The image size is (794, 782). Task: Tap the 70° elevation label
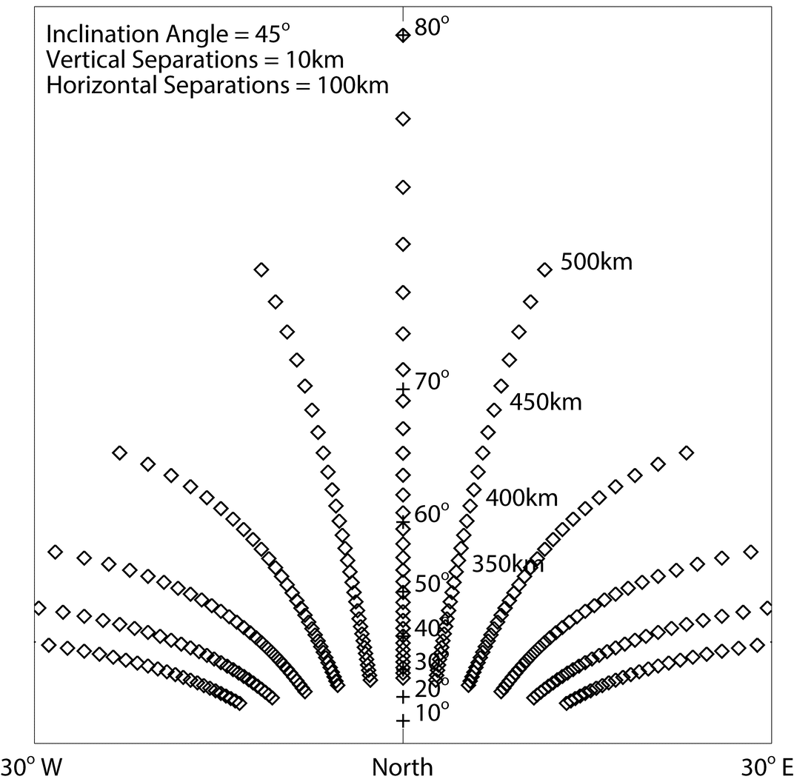click(432, 382)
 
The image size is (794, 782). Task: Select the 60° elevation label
click(432, 513)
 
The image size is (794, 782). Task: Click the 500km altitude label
click(596, 262)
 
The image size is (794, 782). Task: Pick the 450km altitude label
click(545, 402)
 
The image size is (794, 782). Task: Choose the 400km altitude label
click(521, 498)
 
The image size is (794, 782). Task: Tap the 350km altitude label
click(508, 564)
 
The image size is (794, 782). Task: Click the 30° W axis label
click(30, 767)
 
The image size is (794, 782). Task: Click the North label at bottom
click(402, 767)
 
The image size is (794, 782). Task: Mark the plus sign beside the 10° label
click(402, 720)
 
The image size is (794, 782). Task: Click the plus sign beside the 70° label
click(402, 388)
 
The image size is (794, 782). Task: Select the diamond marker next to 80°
click(402, 35)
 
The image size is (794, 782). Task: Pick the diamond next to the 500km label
click(544, 270)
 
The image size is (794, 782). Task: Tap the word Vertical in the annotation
click(83, 60)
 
